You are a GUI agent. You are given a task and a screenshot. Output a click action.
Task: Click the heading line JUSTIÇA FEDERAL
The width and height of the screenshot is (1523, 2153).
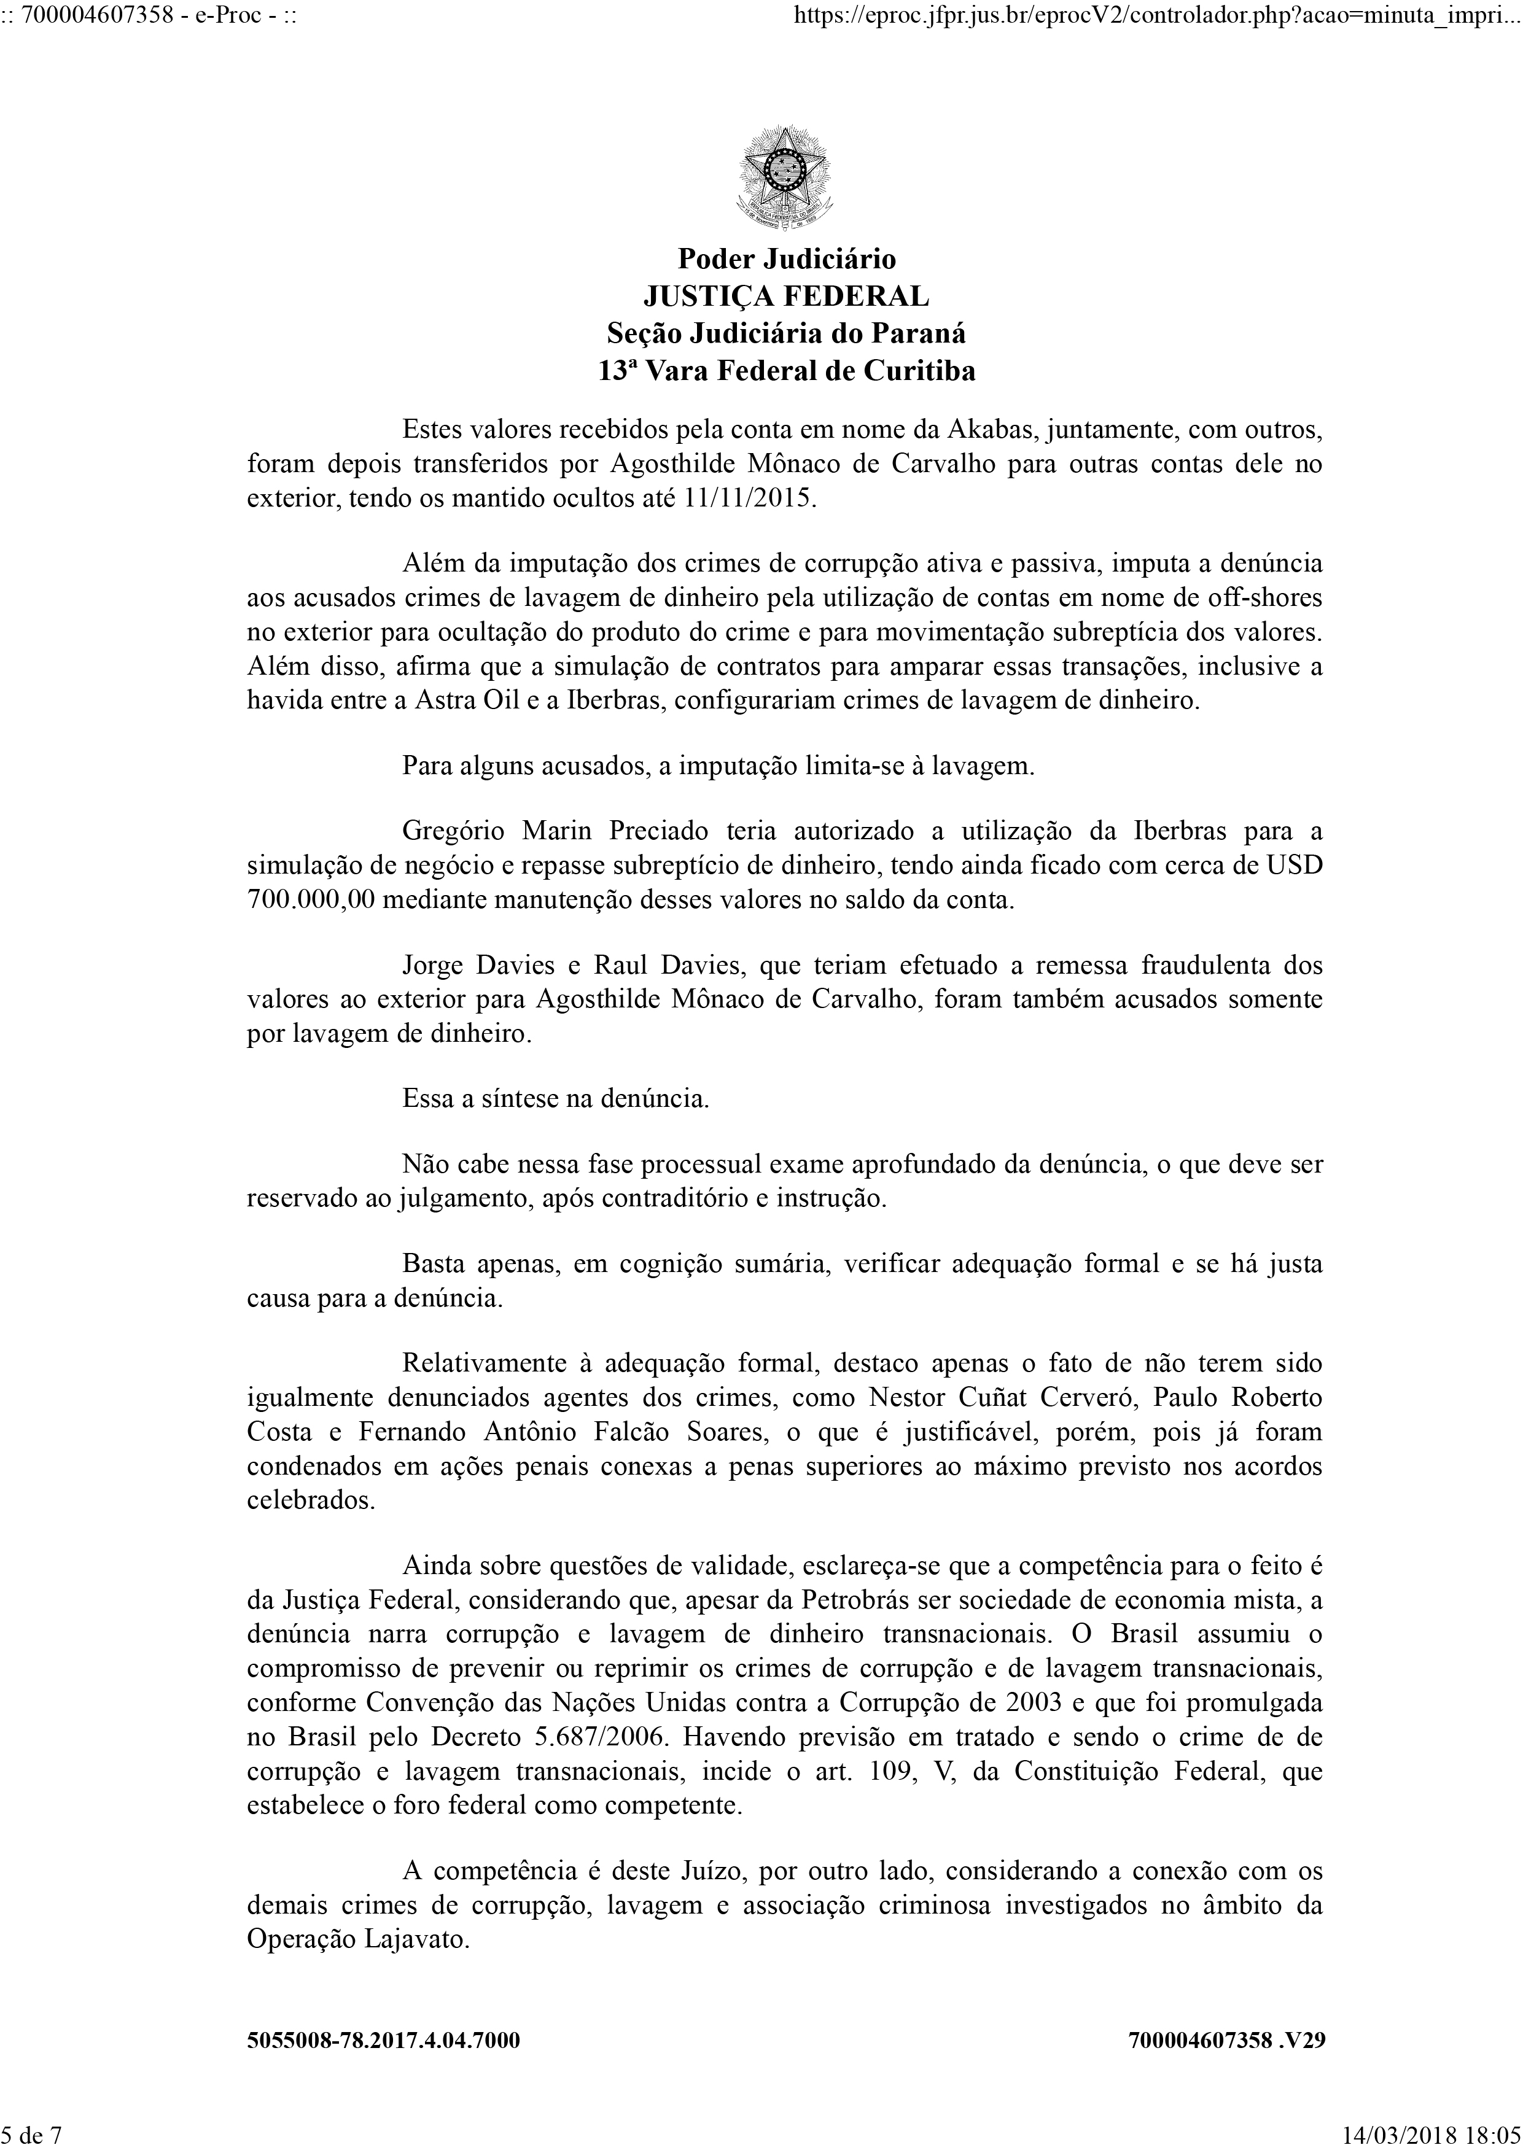(x=786, y=297)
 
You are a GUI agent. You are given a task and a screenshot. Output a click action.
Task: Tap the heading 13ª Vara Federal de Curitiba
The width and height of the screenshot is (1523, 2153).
(x=786, y=371)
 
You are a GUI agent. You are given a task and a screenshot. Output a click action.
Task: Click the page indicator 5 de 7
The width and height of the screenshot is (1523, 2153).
(x=32, y=2136)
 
